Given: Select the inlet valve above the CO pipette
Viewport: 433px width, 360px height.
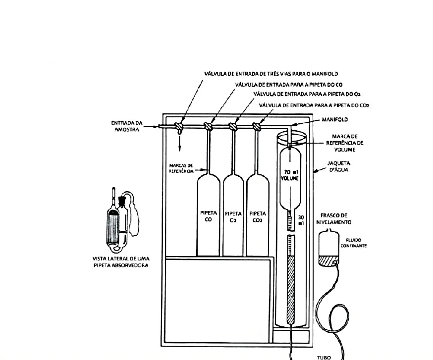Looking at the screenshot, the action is coord(208,127).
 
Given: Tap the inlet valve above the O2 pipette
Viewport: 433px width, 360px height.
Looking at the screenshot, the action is coord(233,127).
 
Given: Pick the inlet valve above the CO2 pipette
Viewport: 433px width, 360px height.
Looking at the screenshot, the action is coord(257,127).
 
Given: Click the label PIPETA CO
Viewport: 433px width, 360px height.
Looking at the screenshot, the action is coord(209,216).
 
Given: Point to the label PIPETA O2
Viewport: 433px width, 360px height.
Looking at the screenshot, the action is coord(233,217).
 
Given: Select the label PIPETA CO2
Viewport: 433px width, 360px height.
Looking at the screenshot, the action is coord(257,217).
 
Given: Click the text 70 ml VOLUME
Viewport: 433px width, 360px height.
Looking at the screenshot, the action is coord(290,175).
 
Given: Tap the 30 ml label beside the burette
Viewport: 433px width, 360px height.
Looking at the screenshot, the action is coord(301,220).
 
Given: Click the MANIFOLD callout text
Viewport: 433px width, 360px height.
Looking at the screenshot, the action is coord(335,119).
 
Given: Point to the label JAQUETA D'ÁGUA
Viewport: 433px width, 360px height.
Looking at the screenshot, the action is coord(338,166).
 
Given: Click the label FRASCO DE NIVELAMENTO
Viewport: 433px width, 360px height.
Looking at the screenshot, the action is coord(336,219).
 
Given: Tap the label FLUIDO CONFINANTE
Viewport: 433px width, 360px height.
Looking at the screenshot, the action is coord(353,243).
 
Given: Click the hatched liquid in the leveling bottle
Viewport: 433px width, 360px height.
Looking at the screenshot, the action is coord(328,261).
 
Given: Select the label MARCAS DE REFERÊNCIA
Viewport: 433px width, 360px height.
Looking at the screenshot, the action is coord(181,168).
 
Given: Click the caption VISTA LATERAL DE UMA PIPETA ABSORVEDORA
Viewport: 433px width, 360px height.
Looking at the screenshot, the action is coord(121,262).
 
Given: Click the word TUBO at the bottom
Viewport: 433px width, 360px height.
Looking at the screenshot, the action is coord(324,358).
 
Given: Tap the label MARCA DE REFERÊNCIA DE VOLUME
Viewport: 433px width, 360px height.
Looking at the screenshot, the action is coord(345,143).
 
